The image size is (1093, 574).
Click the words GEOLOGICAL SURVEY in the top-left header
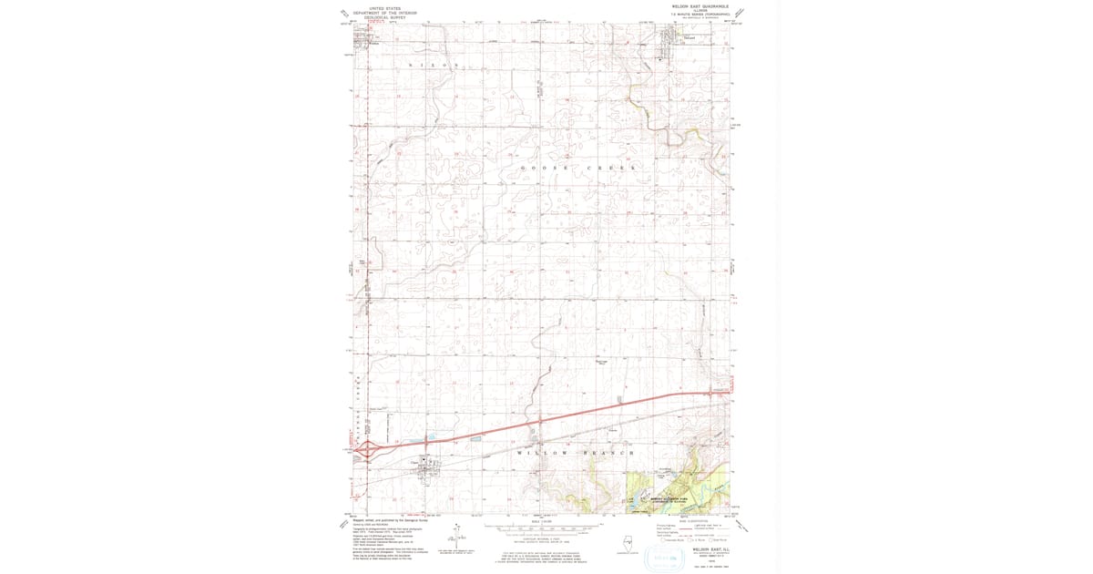click(x=383, y=17)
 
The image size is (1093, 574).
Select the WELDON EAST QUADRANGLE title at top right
click(x=697, y=5)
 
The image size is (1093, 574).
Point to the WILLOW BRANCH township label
click(x=573, y=453)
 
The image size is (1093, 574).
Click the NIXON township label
click(x=433, y=66)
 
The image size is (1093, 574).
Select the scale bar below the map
click(x=544, y=528)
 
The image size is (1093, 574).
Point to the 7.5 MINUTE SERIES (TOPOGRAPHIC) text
click(x=697, y=13)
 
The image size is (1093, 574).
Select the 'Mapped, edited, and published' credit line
click(x=383, y=521)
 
